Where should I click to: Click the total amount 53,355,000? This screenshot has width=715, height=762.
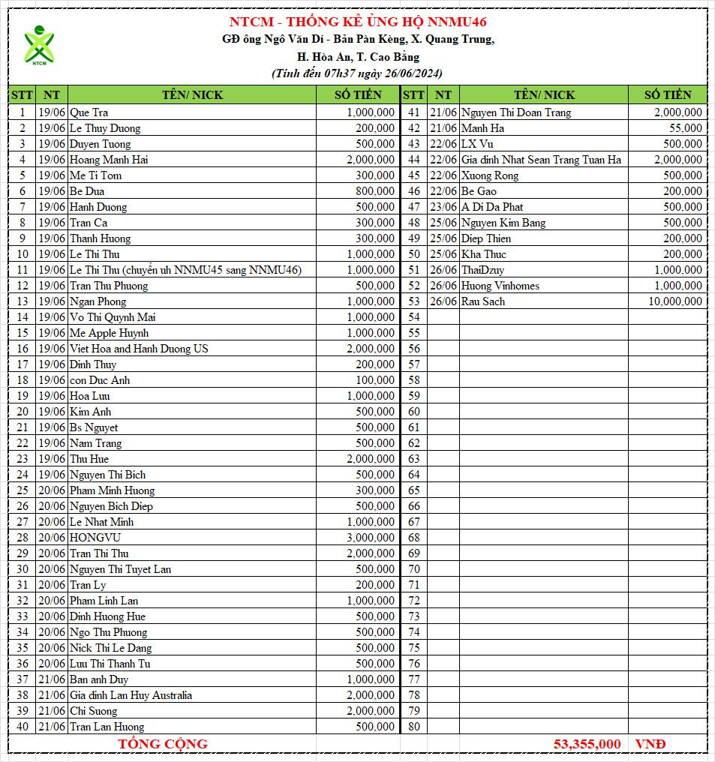pos(587,744)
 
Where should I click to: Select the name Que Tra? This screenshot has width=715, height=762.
pos(89,112)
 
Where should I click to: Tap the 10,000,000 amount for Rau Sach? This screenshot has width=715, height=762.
pos(675,301)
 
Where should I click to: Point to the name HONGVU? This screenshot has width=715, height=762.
pos(95,538)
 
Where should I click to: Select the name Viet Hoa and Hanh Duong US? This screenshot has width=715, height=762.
pos(139,349)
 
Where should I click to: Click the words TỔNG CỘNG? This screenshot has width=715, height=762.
pos(163,744)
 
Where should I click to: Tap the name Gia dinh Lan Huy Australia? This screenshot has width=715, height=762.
pos(131,695)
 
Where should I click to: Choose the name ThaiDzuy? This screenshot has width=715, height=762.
pos(483,270)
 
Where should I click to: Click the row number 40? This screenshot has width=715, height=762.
pos(23,727)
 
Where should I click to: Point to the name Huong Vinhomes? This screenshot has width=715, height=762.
pos(500,286)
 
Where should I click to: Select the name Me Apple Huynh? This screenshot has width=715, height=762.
pos(109,333)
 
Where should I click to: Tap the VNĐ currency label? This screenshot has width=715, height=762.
pos(650,744)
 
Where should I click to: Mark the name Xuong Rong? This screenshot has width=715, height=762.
pos(489,175)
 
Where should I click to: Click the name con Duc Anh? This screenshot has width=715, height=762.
pos(99,380)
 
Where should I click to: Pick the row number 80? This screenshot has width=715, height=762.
pos(413,727)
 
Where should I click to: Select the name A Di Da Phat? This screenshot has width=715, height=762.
pos(491,207)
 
